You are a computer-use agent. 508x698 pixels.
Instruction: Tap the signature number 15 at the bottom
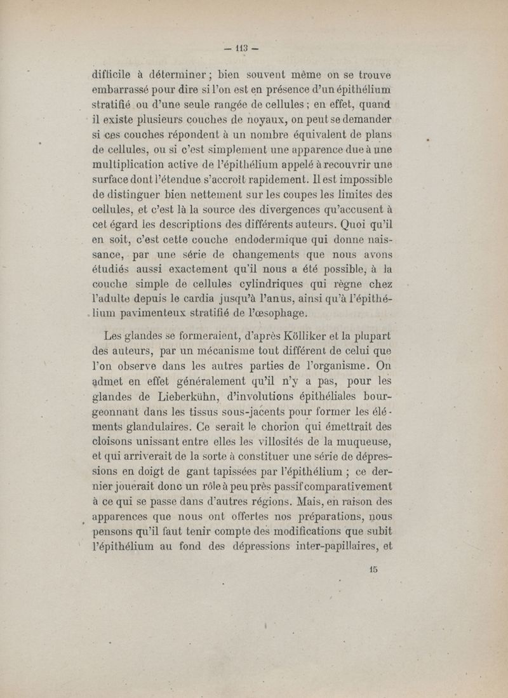point(373,569)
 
